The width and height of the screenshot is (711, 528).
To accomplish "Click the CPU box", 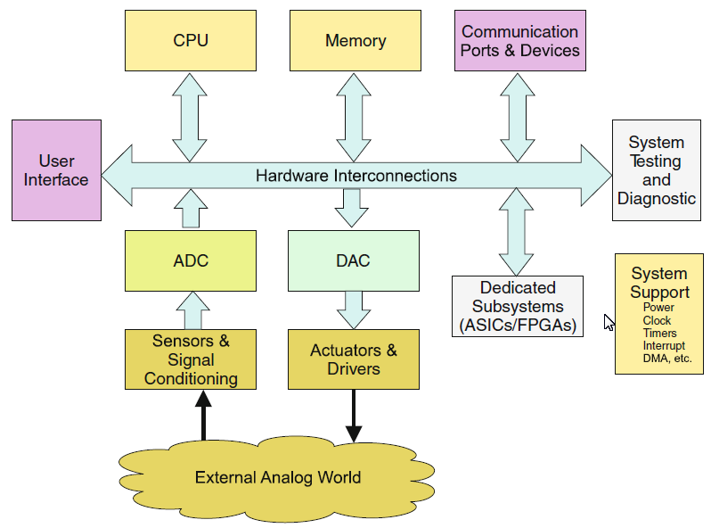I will tap(191, 41).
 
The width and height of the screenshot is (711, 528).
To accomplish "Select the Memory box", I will tap(355, 41).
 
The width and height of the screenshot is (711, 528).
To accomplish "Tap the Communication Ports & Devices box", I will tap(520, 41).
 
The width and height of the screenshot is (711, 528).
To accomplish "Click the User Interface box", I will tap(56, 170).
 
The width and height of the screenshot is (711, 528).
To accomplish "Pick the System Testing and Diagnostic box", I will tap(657, 170).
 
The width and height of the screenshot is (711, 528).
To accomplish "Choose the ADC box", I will tap(191, 261).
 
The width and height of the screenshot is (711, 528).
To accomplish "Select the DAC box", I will tap(354, 261).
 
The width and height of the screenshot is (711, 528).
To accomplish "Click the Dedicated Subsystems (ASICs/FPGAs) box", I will tap(518, 306).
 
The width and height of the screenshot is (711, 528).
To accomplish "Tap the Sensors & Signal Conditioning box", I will tap(191, 359).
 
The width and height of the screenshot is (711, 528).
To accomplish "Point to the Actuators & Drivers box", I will tap(354, 359).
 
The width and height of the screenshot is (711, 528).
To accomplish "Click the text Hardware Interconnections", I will tap(355, 176).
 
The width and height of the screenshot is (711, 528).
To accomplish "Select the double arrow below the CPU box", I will tap(190, 116).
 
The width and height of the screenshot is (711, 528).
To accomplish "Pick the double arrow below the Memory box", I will tap(354, 116).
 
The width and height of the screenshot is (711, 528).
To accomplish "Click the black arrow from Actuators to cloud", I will tap(354, 416).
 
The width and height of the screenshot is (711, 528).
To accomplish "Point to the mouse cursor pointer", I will tap(609, 322).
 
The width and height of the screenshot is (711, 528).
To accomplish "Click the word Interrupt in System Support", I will tap(664, 346).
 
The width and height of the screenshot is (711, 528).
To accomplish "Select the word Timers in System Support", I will tap(659, 334).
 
